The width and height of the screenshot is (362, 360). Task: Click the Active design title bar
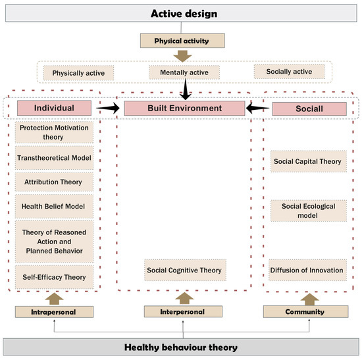pos(181,13)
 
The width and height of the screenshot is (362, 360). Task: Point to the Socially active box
pos(290,70)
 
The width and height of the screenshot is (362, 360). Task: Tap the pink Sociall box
pos(309,109)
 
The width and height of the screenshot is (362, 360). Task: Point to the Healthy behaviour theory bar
pos(181,347)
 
